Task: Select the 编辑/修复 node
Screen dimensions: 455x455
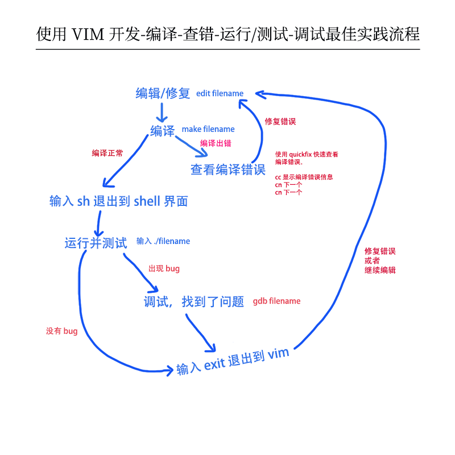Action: pos(163,93)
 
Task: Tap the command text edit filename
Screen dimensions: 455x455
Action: pos(220,93)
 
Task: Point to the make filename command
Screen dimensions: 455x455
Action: pos(208,129)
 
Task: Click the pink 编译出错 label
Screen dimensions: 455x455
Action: pos(216,143)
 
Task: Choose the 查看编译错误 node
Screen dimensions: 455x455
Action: pos(228,169)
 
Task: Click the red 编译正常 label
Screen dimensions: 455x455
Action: pos(107,153)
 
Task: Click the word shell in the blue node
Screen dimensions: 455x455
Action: pos(147,201)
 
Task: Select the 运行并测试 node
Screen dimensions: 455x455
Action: pos(96,243)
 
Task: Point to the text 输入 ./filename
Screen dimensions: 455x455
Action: pos(163,241)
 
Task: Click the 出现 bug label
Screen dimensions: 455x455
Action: pos(164,268)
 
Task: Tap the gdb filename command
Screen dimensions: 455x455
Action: pos(276,301)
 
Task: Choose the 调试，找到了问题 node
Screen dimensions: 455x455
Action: pos(193,302)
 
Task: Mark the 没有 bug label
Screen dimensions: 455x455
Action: pos(61,331)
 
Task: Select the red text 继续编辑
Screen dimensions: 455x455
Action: pos(380,270)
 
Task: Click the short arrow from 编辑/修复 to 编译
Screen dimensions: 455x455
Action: pos(163,111)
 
